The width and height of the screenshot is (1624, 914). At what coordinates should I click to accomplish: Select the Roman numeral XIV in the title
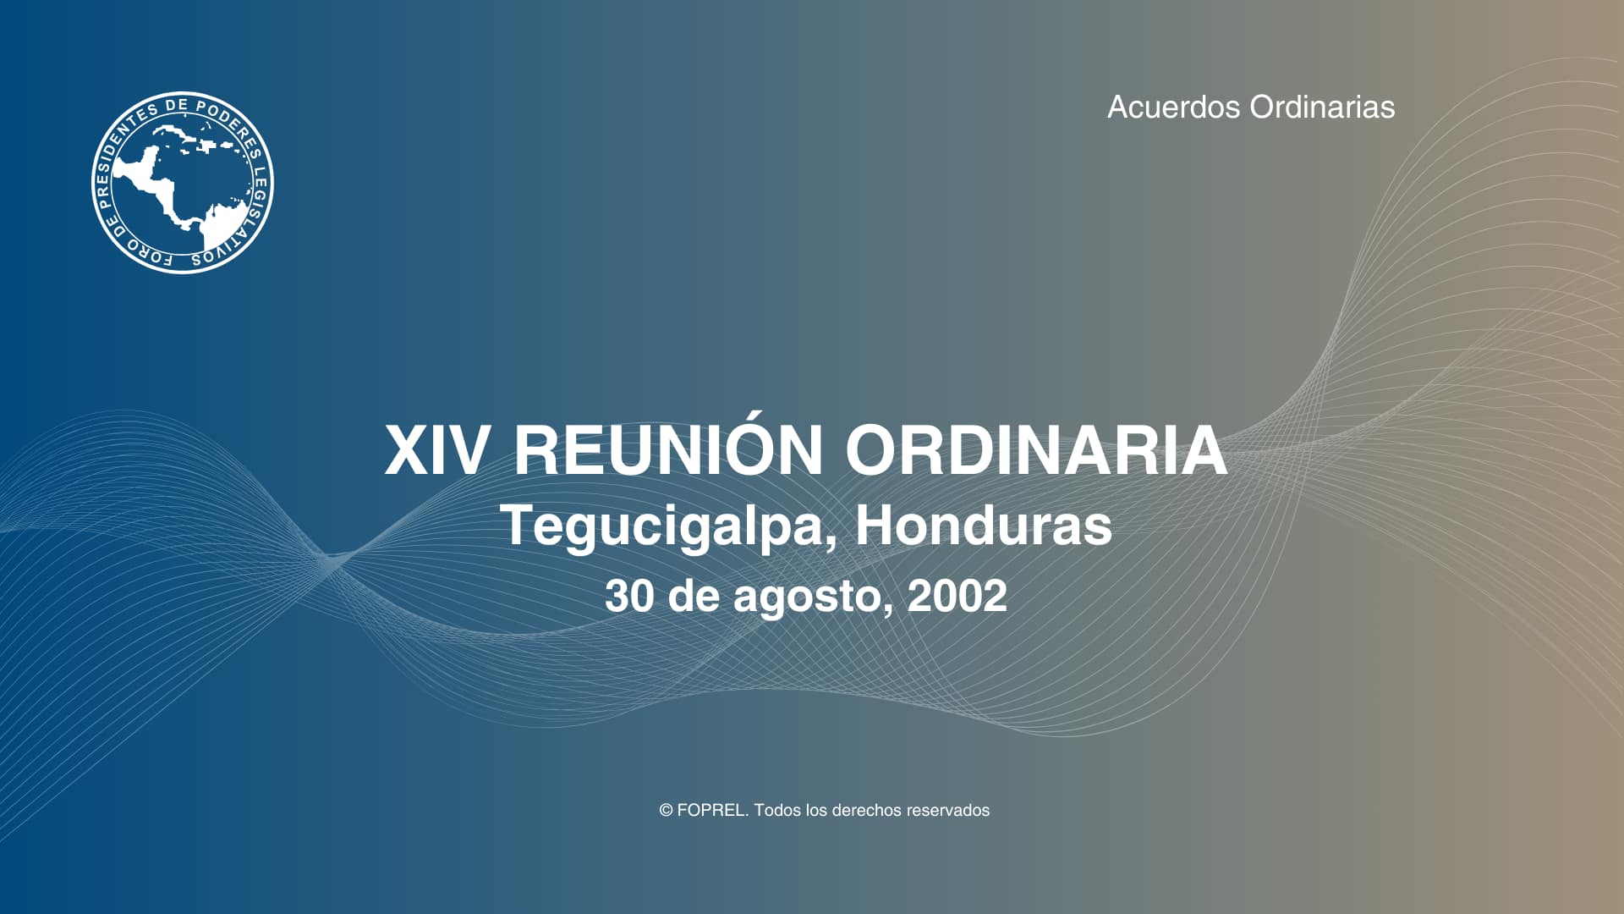pyautogui.click(x=436, y=450)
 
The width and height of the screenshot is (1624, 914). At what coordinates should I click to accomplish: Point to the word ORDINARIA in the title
pyautogui.click(x=1036, y=450)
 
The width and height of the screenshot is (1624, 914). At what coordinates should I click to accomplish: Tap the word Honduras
pyautogui.click(x=984, y=526)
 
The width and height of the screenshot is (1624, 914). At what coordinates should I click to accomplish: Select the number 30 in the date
pyautogui.click(x=629, y=596)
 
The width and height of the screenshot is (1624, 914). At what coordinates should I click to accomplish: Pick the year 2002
pyautogui.click(x=957, y=596)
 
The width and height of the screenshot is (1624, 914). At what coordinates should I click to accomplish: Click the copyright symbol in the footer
pyautogui.click(x=666, y=811)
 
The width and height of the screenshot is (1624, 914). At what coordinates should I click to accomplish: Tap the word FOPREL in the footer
pyautogui.click(x=712, y=811)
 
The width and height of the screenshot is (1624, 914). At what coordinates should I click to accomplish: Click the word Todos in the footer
pyautogui.click(x=776, y=811)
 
